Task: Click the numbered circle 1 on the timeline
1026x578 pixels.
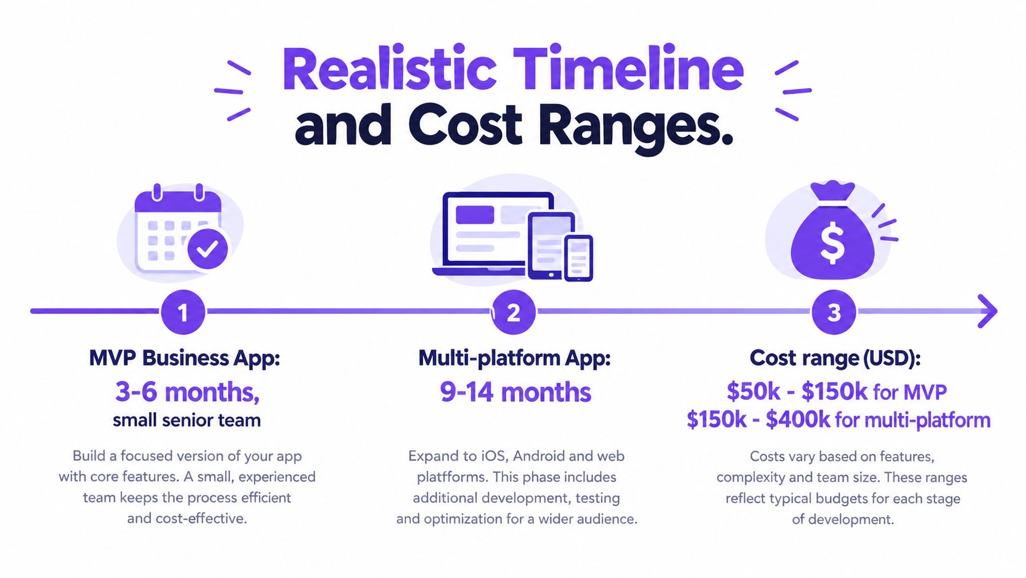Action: click(183, 312)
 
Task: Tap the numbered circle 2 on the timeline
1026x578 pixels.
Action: click(514, 312)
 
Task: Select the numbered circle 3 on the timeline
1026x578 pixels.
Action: click(833, 312)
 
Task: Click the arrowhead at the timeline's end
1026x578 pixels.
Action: click(989, 311)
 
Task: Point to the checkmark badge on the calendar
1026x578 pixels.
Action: click(207, 249)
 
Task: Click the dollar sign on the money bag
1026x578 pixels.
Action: click(832, 243)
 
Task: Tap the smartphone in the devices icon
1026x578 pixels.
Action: click(579, 258)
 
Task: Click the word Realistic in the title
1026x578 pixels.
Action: click(389, 69)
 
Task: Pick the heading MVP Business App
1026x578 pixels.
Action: click(185, 358)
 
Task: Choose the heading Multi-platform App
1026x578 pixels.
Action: click(515, 358)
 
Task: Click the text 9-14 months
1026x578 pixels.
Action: click(515, 392)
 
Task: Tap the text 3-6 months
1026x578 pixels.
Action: click(187, 392)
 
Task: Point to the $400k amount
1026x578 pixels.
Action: click(798, 420)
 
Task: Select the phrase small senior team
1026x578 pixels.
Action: click(187, 420)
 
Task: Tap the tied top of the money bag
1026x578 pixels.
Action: click(833, 192)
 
